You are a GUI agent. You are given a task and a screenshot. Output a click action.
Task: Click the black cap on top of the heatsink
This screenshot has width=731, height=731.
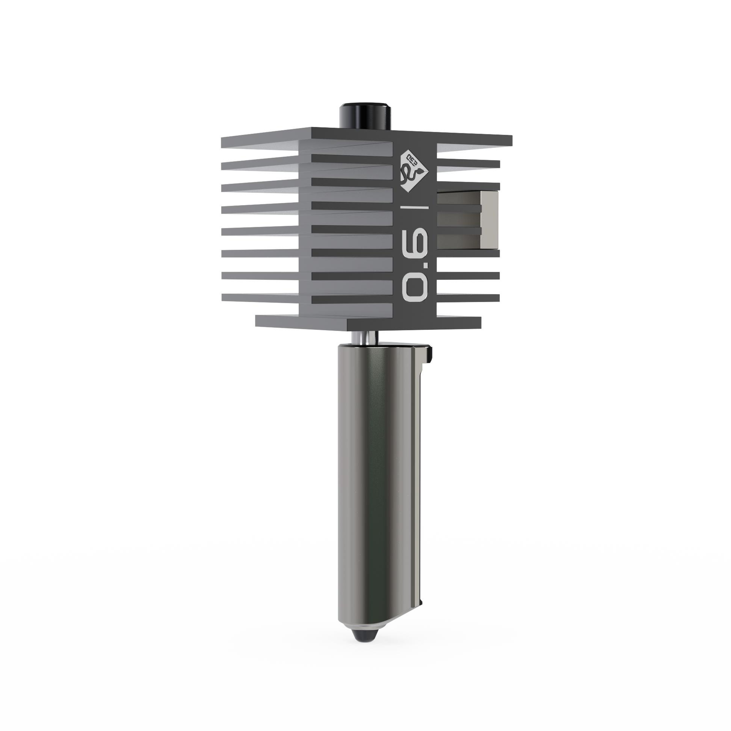pos(365,115)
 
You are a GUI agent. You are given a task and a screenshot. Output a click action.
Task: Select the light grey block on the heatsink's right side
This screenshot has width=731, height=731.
pos(488,219)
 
